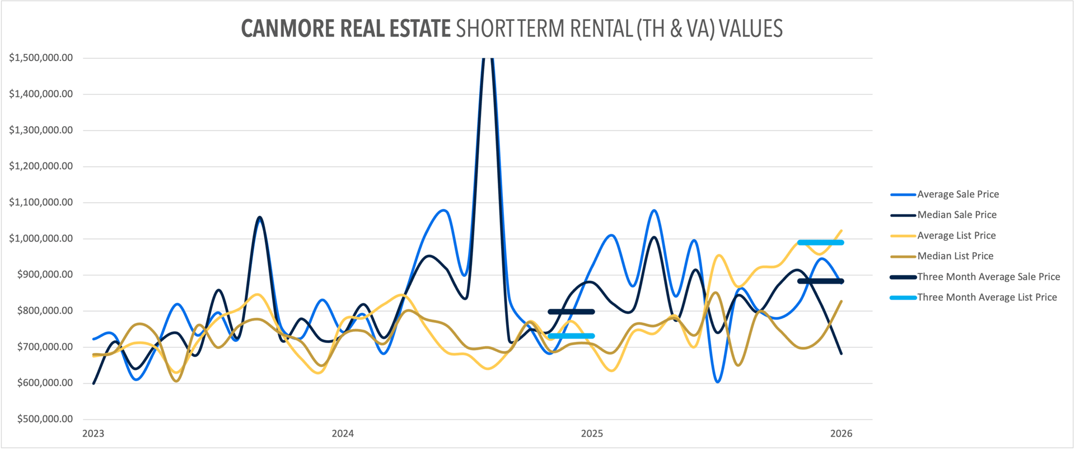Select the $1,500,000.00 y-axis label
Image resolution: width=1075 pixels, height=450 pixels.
pos(41,58)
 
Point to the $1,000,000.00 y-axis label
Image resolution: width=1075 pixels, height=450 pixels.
pos(41,238)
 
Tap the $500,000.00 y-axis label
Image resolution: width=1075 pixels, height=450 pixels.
pos(45,419)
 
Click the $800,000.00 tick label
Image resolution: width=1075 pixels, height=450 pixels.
pos(45,310)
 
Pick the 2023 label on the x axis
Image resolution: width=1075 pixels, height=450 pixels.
pos(93,433)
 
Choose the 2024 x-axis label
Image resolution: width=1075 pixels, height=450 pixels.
pos(343,433)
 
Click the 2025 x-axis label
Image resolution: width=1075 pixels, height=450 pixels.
pos(592,433)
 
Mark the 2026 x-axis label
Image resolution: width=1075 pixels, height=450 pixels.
pos(841,433)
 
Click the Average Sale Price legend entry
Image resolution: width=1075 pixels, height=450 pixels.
pos(957,194)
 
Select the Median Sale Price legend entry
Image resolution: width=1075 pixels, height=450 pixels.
pos(956,215)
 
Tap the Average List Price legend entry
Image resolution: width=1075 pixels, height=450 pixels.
pos(956,235)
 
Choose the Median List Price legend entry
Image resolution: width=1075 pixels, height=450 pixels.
pos(955,256)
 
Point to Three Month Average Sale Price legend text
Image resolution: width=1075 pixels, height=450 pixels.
pos(988,277)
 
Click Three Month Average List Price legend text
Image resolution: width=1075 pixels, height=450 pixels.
pos(987,298)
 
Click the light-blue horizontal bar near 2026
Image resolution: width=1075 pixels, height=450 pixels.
pos(820,243)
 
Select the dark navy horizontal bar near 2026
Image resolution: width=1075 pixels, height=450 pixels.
pos(820,281)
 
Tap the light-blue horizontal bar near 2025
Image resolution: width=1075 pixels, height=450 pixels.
pos(571,336)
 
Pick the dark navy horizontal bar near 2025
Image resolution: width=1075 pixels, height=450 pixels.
pos(571,312)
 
